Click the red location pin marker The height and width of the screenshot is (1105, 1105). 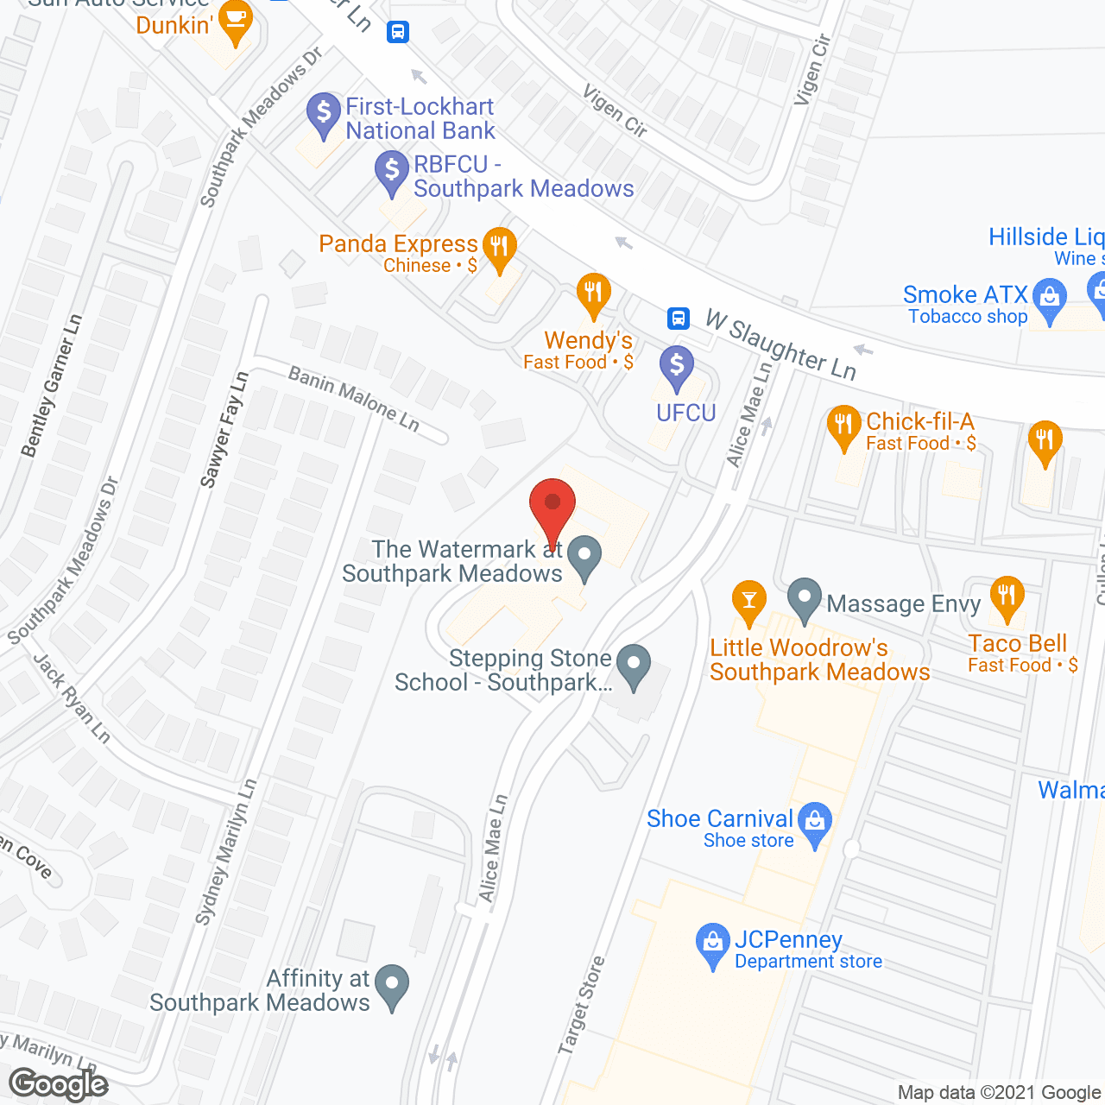click(x=552, y=505)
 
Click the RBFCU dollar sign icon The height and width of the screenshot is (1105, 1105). click(x=392, y=170)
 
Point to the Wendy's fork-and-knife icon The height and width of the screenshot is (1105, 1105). click(x=592, y=293)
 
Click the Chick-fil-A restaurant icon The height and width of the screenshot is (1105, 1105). click(x=843, y=425)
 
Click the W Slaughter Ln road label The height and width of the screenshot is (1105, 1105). click(x=780, y=344)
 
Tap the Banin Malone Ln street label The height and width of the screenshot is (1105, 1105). click(x=354, y=398)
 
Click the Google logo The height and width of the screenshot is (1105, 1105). click(x=59, y=1084)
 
